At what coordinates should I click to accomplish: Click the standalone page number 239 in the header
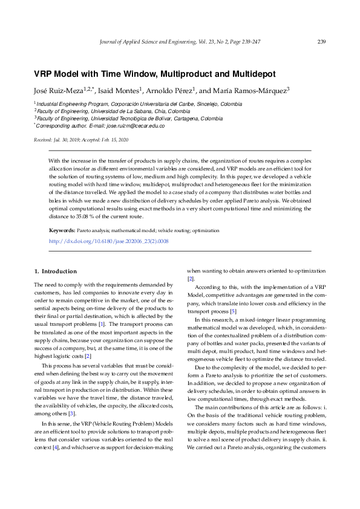[321, 42]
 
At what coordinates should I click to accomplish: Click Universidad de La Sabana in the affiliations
[115, 112]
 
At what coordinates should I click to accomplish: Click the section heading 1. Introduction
[56, 271]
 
